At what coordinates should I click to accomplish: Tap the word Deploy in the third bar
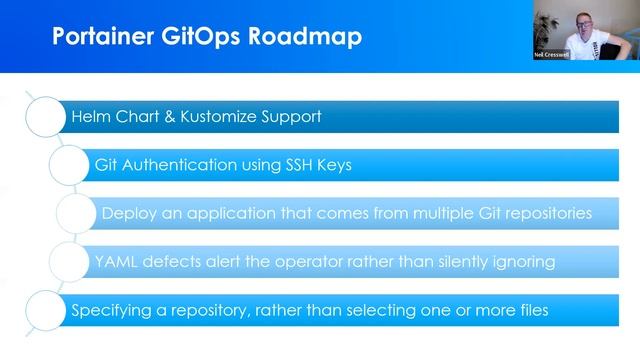127,213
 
